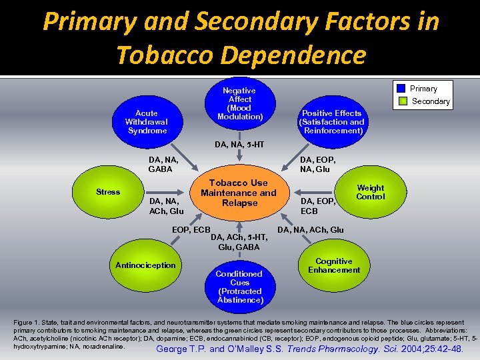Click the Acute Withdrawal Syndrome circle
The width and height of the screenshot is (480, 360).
pyautogui.click(x=147, y=122)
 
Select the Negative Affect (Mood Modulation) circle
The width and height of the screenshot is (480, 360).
pyautogui.click(x=239, y=104)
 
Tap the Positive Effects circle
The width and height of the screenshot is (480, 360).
pyautogui.click(x=331, y=122)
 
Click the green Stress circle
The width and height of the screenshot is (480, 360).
pyautogui.click(x=108, y=192)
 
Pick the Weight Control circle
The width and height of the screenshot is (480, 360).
pyautogui.click(x=370, y=192)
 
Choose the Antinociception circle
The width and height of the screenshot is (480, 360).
pyautogui.click(x=145, y=265)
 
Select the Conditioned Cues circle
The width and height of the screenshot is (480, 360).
pyautogui.click(x=239, y=286)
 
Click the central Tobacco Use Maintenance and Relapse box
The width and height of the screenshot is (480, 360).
pyautogui.click(x=239, y=192)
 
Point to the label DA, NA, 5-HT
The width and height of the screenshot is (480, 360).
pyautogui.click(x=239, y=145)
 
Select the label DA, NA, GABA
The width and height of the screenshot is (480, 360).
pyautogui.click(x=163, y=164)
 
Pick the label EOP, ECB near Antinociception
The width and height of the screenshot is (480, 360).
pyautogui.click(x=191, y=230)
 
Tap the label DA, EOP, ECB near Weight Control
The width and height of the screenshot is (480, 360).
pyautogui.click(x=317, y=205)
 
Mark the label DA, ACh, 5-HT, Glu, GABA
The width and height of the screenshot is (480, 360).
pyautogui.click(x=239, y=241)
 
